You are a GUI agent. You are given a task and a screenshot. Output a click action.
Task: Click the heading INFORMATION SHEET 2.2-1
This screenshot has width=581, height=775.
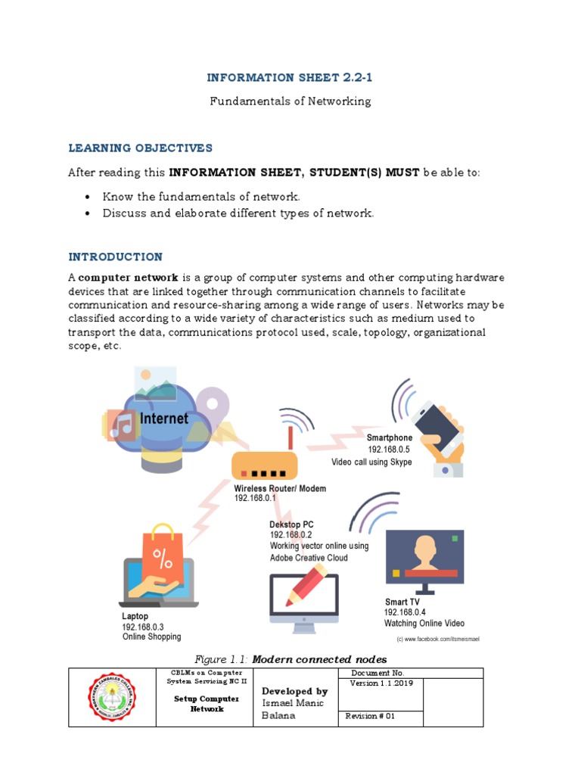pyautogui.click(x=290, y=78)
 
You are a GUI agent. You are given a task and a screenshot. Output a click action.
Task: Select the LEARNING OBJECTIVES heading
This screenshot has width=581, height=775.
pyautogui.click(x=141, y=148)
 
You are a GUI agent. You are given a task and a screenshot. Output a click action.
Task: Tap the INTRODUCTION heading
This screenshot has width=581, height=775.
pyautogui.click(x=115, y=257)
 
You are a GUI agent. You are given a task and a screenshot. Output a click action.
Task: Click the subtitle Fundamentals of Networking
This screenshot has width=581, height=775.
pyautogui.click(x=290, y=101)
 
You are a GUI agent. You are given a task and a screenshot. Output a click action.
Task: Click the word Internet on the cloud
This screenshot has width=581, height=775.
pyautogui.click(x=163, y=419)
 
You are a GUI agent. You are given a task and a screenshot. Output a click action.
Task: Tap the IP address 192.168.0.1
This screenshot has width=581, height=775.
pyautogui.click(x=255, y=499)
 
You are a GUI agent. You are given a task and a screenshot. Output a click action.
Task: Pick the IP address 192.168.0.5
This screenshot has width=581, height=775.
pyautogui.click(x=389, y=450)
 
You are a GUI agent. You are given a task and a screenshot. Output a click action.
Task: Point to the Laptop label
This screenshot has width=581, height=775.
pyautogui.click(x=135, y=617)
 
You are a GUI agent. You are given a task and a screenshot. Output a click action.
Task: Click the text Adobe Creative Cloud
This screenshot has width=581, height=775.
pyautogui.click(x=309, y=558)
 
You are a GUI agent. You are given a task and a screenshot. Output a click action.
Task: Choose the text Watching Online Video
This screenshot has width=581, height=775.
pyautogui.click(x=424, y=624)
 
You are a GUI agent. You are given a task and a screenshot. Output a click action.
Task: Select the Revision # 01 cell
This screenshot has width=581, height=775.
pyautogui.click(x=371, y=716)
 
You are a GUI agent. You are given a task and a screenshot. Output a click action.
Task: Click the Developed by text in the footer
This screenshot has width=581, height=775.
pyautogui.click(x=294, y=691)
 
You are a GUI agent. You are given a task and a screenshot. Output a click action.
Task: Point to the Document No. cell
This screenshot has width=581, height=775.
pyautogui.click(x=378, y=673)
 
